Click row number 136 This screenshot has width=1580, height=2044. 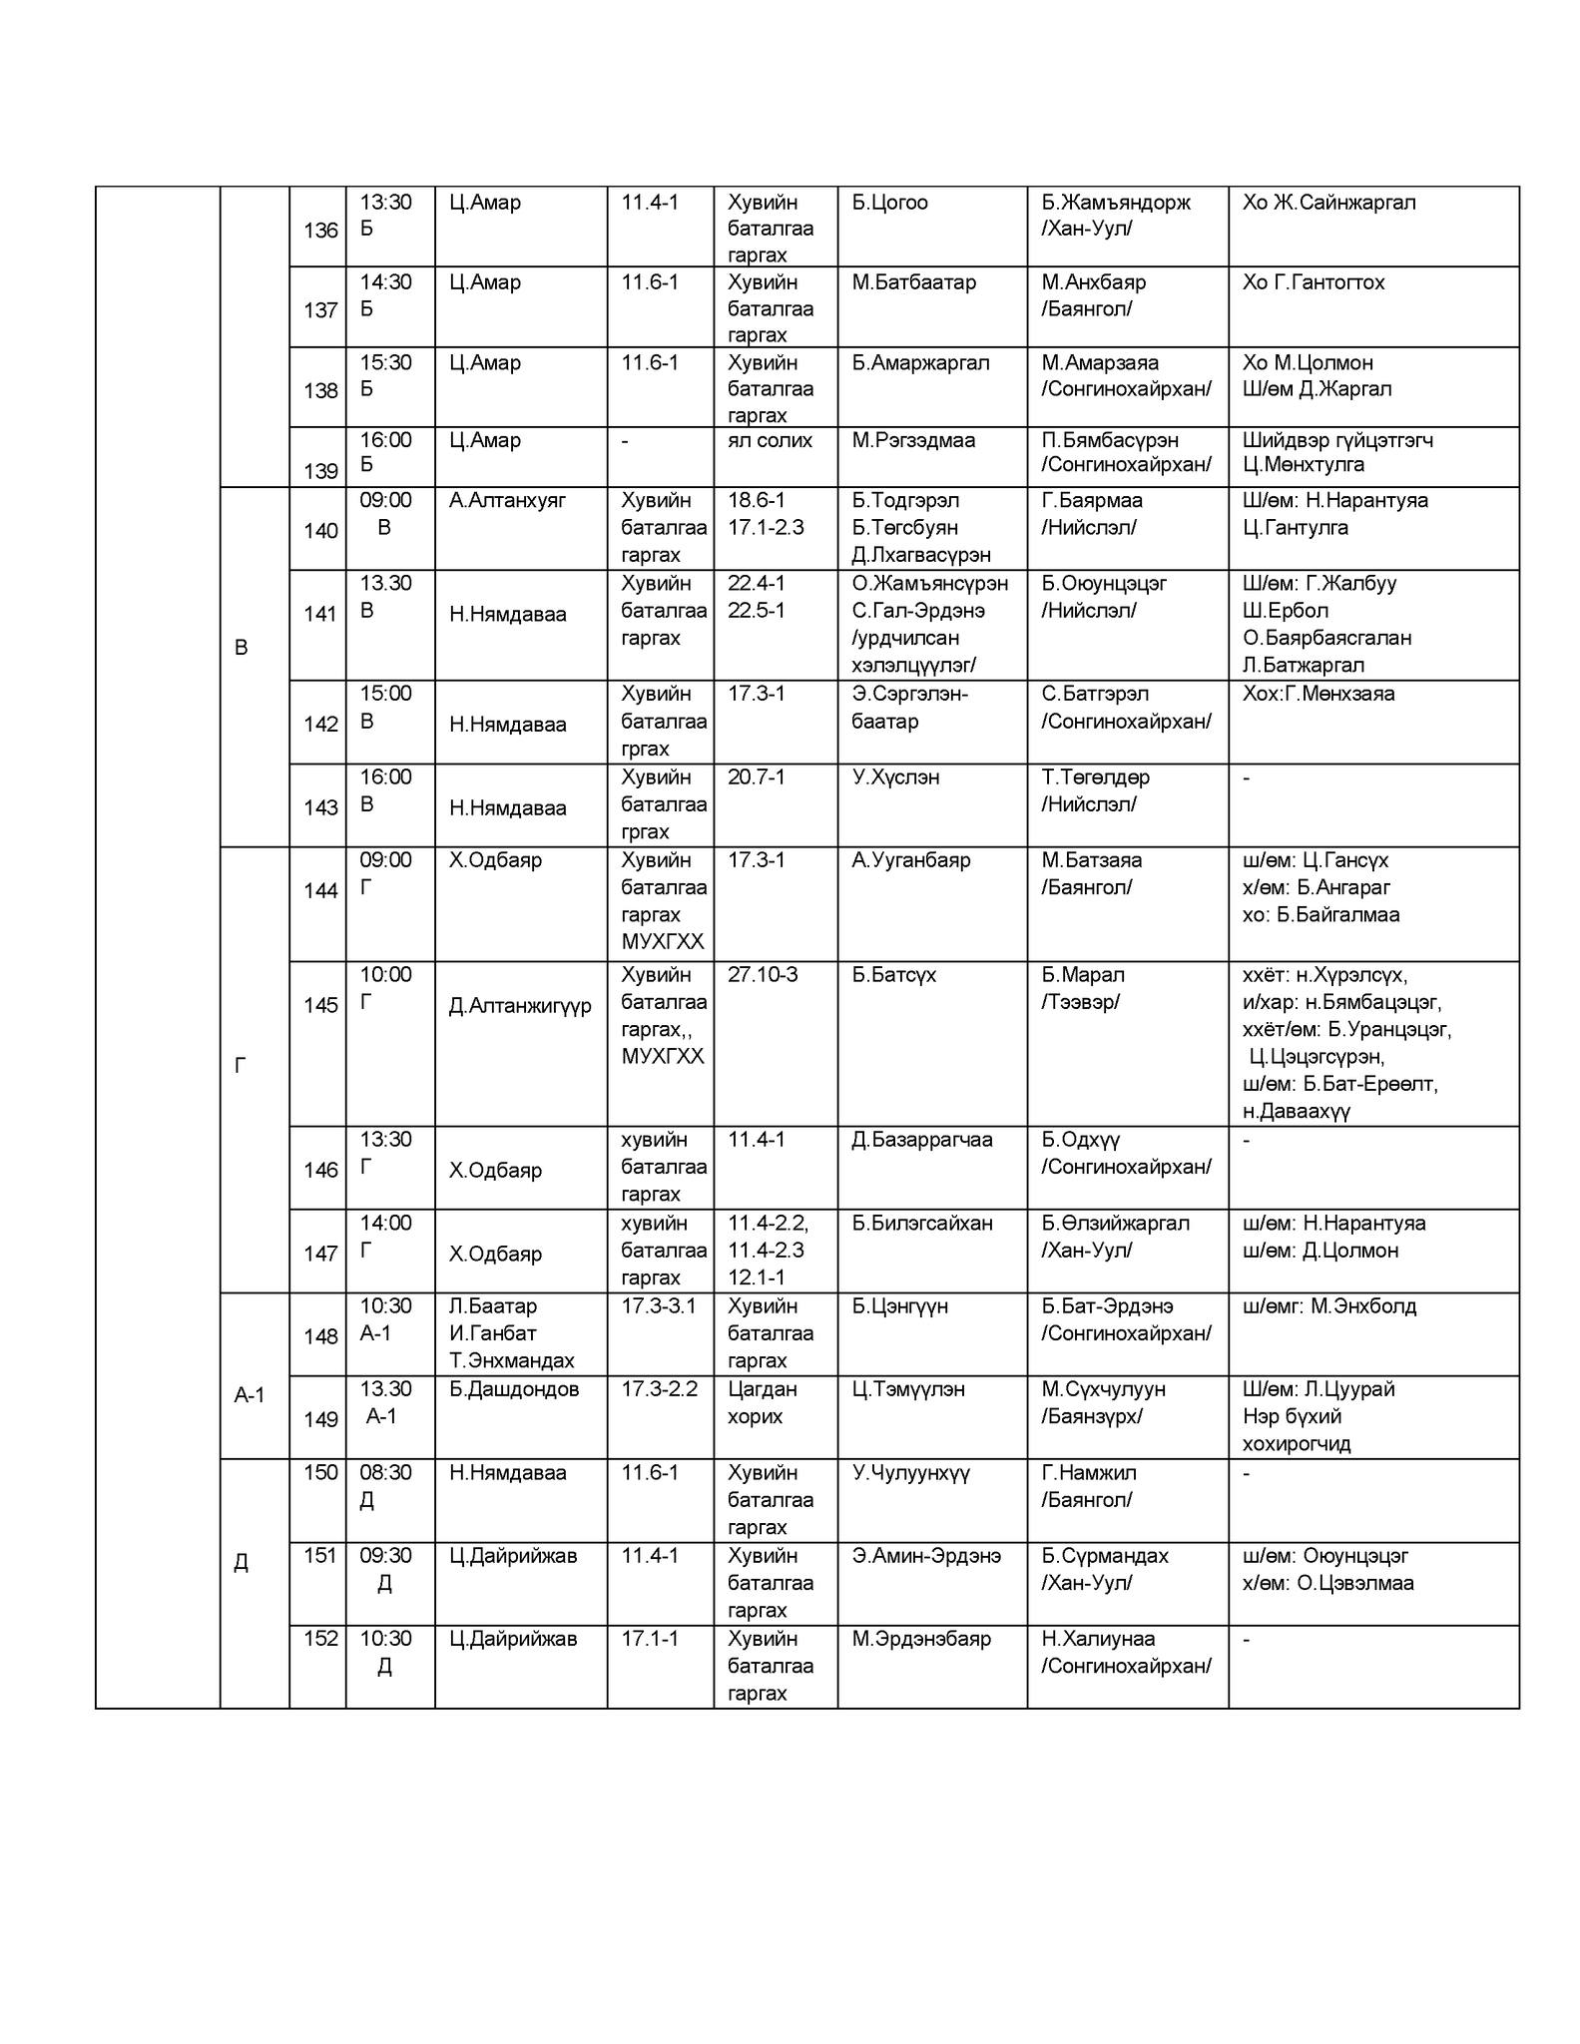click(320, 231)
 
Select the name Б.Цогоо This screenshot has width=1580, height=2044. click(889, 203)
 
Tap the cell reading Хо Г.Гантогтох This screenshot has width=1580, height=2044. click(1314, 282)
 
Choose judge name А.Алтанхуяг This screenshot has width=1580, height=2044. click(507, 500)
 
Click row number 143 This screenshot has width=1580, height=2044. click(320, 807)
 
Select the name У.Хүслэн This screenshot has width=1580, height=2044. click(895, 776)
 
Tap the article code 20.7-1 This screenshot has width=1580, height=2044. click(756, 776)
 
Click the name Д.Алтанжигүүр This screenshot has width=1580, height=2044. click(520, 1005)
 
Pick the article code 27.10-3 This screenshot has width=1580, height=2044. click(763, 974)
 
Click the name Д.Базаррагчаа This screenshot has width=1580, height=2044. click(922, 1139)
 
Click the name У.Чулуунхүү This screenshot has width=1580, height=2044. click(911, 1472)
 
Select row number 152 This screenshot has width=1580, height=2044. click(320, 1638)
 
